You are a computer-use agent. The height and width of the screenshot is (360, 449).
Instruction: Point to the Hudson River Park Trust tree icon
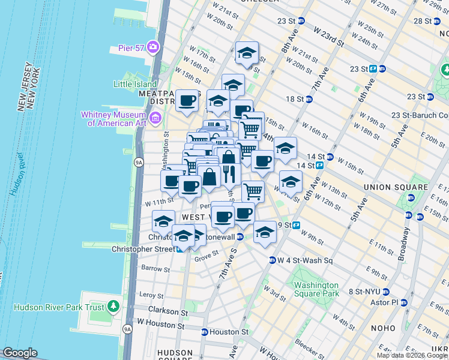(x=113, y=307)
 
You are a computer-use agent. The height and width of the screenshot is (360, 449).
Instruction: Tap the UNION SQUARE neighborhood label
(x=396, y=187)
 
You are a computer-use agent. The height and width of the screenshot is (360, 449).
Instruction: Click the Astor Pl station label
(x=387, y=302)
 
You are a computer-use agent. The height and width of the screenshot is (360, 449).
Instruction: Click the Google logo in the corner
(x=20, y=353)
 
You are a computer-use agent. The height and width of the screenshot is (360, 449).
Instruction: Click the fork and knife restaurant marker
(x=228, y=174)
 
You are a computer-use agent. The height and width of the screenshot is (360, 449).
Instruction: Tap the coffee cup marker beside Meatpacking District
(x=187, y=101)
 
